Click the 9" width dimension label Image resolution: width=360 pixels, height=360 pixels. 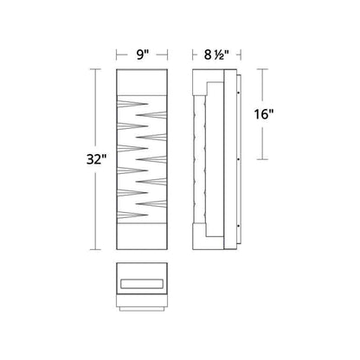click(142, 55)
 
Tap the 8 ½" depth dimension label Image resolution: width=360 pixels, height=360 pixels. click(216, 55)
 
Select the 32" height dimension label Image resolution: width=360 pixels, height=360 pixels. click(97, 159)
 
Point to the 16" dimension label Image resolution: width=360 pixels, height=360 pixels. click(263, 114)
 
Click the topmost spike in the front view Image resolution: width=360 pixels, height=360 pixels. click(132, 104)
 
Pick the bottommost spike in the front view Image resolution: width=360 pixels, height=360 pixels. click(132, 215)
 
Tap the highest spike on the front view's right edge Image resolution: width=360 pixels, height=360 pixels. click(151, 115)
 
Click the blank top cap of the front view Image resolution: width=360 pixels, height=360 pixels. click(142, 82)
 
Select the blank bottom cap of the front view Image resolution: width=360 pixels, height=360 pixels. click(142, 236)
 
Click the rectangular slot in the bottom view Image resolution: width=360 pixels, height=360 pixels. click(142, 284)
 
